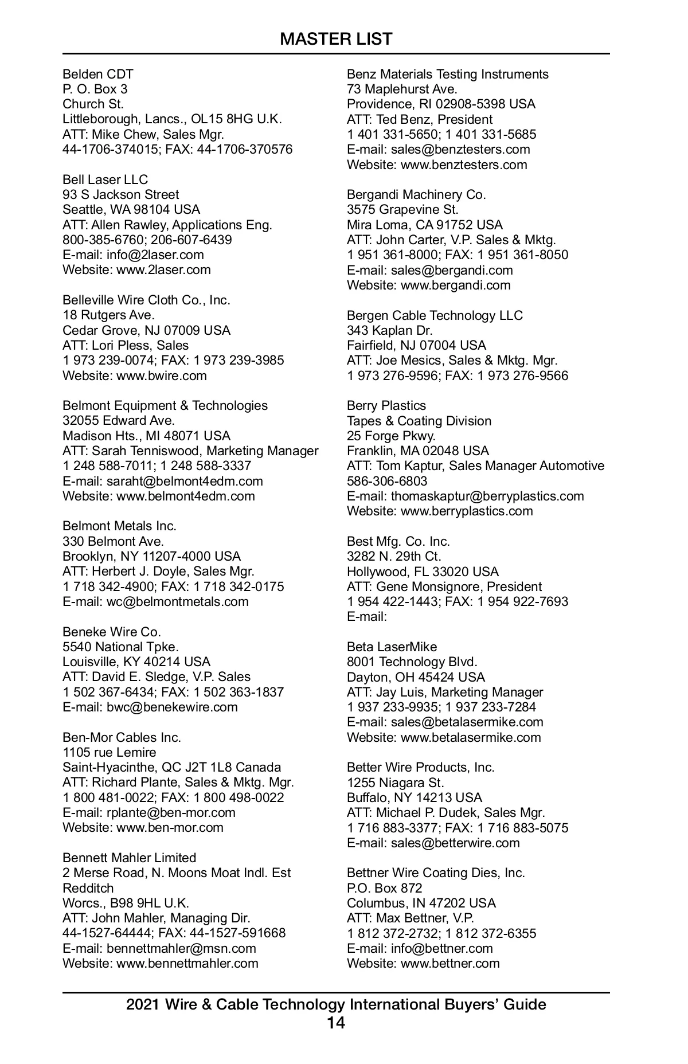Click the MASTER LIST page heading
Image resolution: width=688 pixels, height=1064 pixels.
click(336, 39)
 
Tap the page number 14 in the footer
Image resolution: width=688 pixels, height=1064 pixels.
click(336, 1023)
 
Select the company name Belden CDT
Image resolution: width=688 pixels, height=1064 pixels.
click(98, 74)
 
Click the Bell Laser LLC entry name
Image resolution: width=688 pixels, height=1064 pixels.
click(105, 179)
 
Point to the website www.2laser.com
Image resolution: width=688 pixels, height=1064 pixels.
click(163, 269)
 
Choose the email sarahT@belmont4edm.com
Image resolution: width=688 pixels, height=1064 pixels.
click(185, 481)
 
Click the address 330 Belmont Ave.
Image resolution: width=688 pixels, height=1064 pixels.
click(113, 541)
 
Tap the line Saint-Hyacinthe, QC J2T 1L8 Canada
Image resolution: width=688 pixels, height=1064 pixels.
click(172, 767)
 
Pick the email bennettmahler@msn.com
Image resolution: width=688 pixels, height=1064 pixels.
click(181, 948)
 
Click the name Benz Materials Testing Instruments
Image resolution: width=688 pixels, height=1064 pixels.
click(448, 74)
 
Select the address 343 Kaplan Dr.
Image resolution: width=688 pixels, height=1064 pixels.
click(390, 330)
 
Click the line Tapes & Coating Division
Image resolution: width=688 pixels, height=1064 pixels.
click(419, 421)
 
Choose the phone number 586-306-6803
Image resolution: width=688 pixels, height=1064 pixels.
click(387, 481)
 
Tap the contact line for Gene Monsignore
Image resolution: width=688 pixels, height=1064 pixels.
click(444, 586)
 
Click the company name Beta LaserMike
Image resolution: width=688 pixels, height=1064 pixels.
click(392, 647)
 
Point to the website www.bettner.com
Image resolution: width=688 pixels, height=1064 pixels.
click(450, 963)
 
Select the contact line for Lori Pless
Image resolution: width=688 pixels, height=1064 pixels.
click(126, 345)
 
